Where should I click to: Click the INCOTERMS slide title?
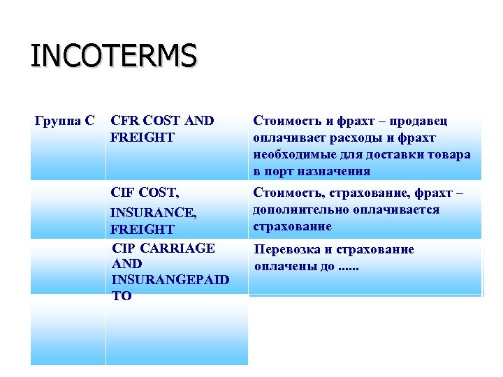pyautogui.click(x=113, y=56)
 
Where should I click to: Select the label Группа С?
pyautogui.click(x=65, y=121)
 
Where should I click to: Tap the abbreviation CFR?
pyautogui.click(x=124, y=121)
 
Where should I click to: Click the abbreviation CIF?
pyautogui.click(x=123, y=193)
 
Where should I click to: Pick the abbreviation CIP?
pyautogui.click(x=123, y=248)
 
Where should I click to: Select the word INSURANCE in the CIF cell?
pyautogui.click(x=152, y=211)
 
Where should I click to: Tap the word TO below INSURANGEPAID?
pyautogui.click(x=121, y=296)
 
